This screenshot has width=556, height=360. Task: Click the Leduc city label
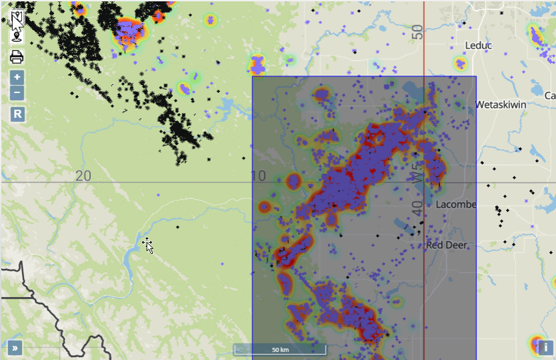click(478, 45)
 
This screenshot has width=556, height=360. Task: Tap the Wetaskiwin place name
click(500, 105)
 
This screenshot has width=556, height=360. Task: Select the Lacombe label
click(455, 204)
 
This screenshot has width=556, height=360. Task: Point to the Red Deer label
click(447, 245)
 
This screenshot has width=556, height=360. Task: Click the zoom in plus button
click(17, 78)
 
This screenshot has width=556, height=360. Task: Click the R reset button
click(17, 114)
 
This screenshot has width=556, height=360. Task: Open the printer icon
click(16, 57)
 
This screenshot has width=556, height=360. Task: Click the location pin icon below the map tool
click(16, 37)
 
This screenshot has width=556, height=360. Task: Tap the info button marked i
click(545, 348)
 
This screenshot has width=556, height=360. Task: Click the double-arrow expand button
click(15, 348)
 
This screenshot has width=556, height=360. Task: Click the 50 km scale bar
click(280, 350)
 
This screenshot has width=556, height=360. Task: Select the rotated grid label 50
click(417, 32)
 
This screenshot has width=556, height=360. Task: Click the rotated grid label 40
click(417, 208)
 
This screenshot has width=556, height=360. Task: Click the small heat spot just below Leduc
click(459, 63)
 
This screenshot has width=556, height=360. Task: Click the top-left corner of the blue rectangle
click(252, 76)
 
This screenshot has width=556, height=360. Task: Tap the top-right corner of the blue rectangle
click(476, 76)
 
